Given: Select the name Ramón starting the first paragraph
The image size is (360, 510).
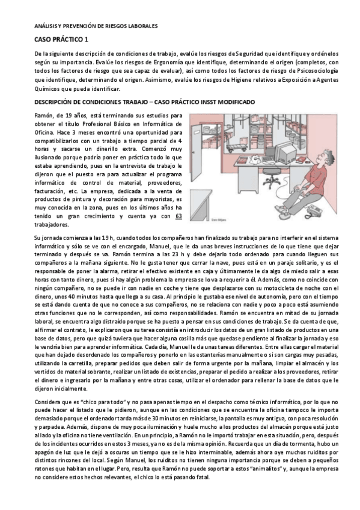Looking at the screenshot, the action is pos(44,113).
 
